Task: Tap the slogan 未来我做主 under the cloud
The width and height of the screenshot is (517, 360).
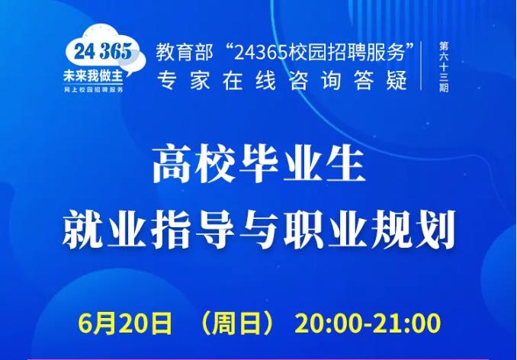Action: pyautogui.click(x=93, y=76)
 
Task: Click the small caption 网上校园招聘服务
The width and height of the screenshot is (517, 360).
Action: pyautogui.click(x=93, y=90)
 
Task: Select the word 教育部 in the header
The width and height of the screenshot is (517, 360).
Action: pyautogui.click(x=185, y=53)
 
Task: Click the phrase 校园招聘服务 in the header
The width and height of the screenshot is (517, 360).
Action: pyautogui.click(x=346, y=53)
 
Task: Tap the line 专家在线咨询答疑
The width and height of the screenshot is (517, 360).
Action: pyautogui.click(x=282, y=80)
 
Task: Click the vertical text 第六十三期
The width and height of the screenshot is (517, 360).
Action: pyautogui.click(x=444, y=66)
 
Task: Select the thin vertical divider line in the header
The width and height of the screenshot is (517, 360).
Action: pyautogui.click(x=422, y=66)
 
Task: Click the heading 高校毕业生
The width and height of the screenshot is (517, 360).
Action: pyautogui.click(x=258, y=166)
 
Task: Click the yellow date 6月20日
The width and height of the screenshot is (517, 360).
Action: pyautogui.click(x=126, y=324)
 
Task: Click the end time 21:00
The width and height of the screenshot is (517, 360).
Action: pyautogui.click(x=406, y=324)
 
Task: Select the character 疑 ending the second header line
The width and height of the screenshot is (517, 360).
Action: pyautogui.click(x=397, y=80)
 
